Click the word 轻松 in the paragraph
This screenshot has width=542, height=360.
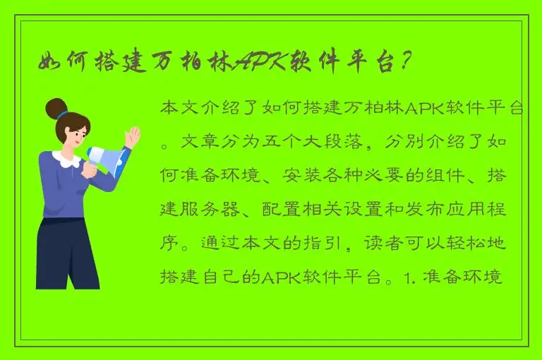coord(468,243)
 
